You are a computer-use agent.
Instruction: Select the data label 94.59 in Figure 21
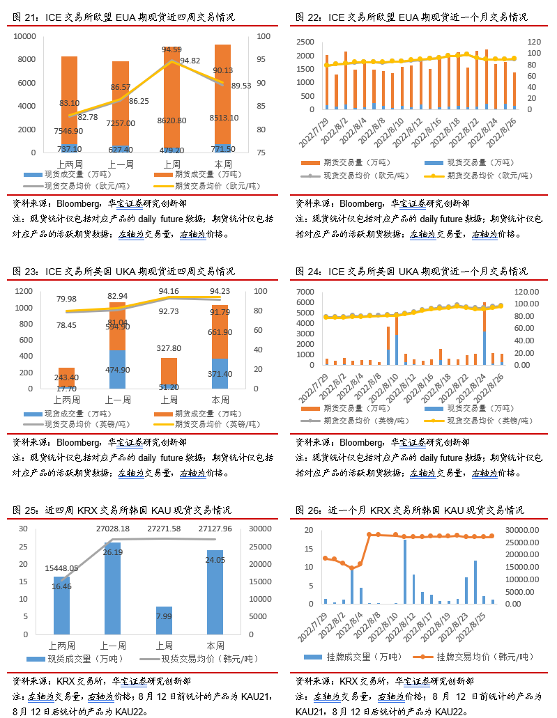coord(172,49)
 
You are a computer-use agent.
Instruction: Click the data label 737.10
coord(69,149)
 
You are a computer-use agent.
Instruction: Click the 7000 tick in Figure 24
coord(307,291)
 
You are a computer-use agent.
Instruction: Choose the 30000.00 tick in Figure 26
coord(521,530)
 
